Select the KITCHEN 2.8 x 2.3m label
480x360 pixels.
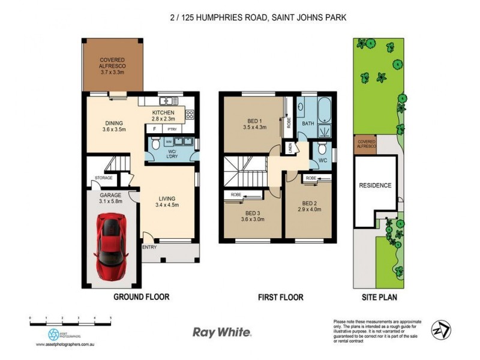(x=163, y=116)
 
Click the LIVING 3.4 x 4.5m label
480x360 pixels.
(x=166, y=202)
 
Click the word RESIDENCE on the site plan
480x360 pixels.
(x=376, y=185)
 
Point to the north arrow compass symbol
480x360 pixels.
(x=441, y=329)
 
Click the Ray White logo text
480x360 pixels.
(x=222, y=331)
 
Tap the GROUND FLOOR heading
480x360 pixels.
(x=142, y=297)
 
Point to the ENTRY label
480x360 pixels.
(x=149, y=247)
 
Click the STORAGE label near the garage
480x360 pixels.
(x=104, y=178)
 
